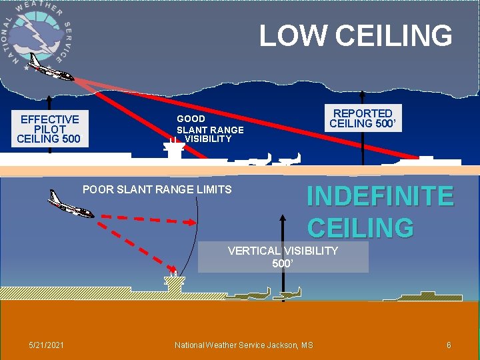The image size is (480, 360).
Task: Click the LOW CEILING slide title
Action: pos(355,36)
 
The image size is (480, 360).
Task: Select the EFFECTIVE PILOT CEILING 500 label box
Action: pos(49,129)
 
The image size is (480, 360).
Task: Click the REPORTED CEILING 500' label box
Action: pos(363,119)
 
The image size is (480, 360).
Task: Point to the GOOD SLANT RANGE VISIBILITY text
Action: pos(209,129)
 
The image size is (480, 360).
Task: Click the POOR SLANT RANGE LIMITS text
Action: pos(157,189)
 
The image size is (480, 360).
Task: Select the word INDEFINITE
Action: pos(380,197)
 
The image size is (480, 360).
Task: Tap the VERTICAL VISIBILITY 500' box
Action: pos(283,257)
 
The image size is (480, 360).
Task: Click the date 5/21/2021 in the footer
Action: pos(47,345)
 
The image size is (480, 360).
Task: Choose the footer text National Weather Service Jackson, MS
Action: pos(243,345)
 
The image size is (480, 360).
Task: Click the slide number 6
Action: pos(449,345)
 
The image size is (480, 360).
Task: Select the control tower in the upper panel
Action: pos(174,149)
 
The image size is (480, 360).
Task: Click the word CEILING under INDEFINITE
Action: pos(360,228)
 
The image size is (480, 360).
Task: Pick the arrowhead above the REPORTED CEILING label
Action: pos(363,95)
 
